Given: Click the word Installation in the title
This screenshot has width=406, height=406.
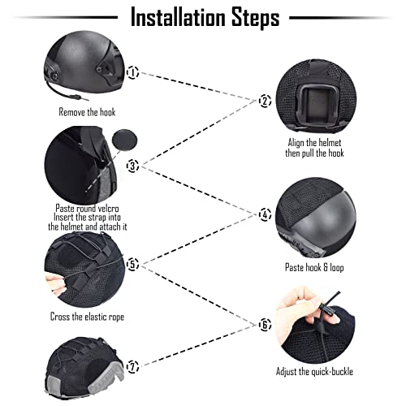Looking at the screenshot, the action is point(178,17).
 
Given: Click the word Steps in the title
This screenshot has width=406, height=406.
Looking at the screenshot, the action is point(255,18).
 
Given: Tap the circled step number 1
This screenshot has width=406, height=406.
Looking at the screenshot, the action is point(133,72).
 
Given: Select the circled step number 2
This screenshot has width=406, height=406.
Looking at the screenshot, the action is point(265,101).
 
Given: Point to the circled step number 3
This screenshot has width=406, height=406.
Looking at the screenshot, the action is point(133,166).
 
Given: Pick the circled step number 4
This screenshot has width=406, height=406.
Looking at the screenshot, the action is point(265,214).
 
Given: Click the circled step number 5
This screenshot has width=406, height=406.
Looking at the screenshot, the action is point(133,264).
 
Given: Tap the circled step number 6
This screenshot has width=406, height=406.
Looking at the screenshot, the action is point(265,325).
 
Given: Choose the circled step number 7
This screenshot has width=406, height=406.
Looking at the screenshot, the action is point(133,367).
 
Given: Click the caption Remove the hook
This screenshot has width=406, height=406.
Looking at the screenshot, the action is point(87,112).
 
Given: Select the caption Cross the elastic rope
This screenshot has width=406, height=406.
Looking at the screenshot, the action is point(87,317).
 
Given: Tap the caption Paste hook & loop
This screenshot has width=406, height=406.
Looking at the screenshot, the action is point(314,267).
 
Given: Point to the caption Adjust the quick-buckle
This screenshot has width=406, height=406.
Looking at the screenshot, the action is point(314,371).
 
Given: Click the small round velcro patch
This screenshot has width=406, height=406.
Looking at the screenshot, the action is point(124,140).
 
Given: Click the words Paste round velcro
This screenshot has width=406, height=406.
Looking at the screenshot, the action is point(87,209).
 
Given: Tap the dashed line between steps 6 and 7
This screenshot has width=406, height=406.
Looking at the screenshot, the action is point(198,346).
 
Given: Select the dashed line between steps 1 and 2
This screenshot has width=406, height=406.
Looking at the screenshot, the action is point(198,87).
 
